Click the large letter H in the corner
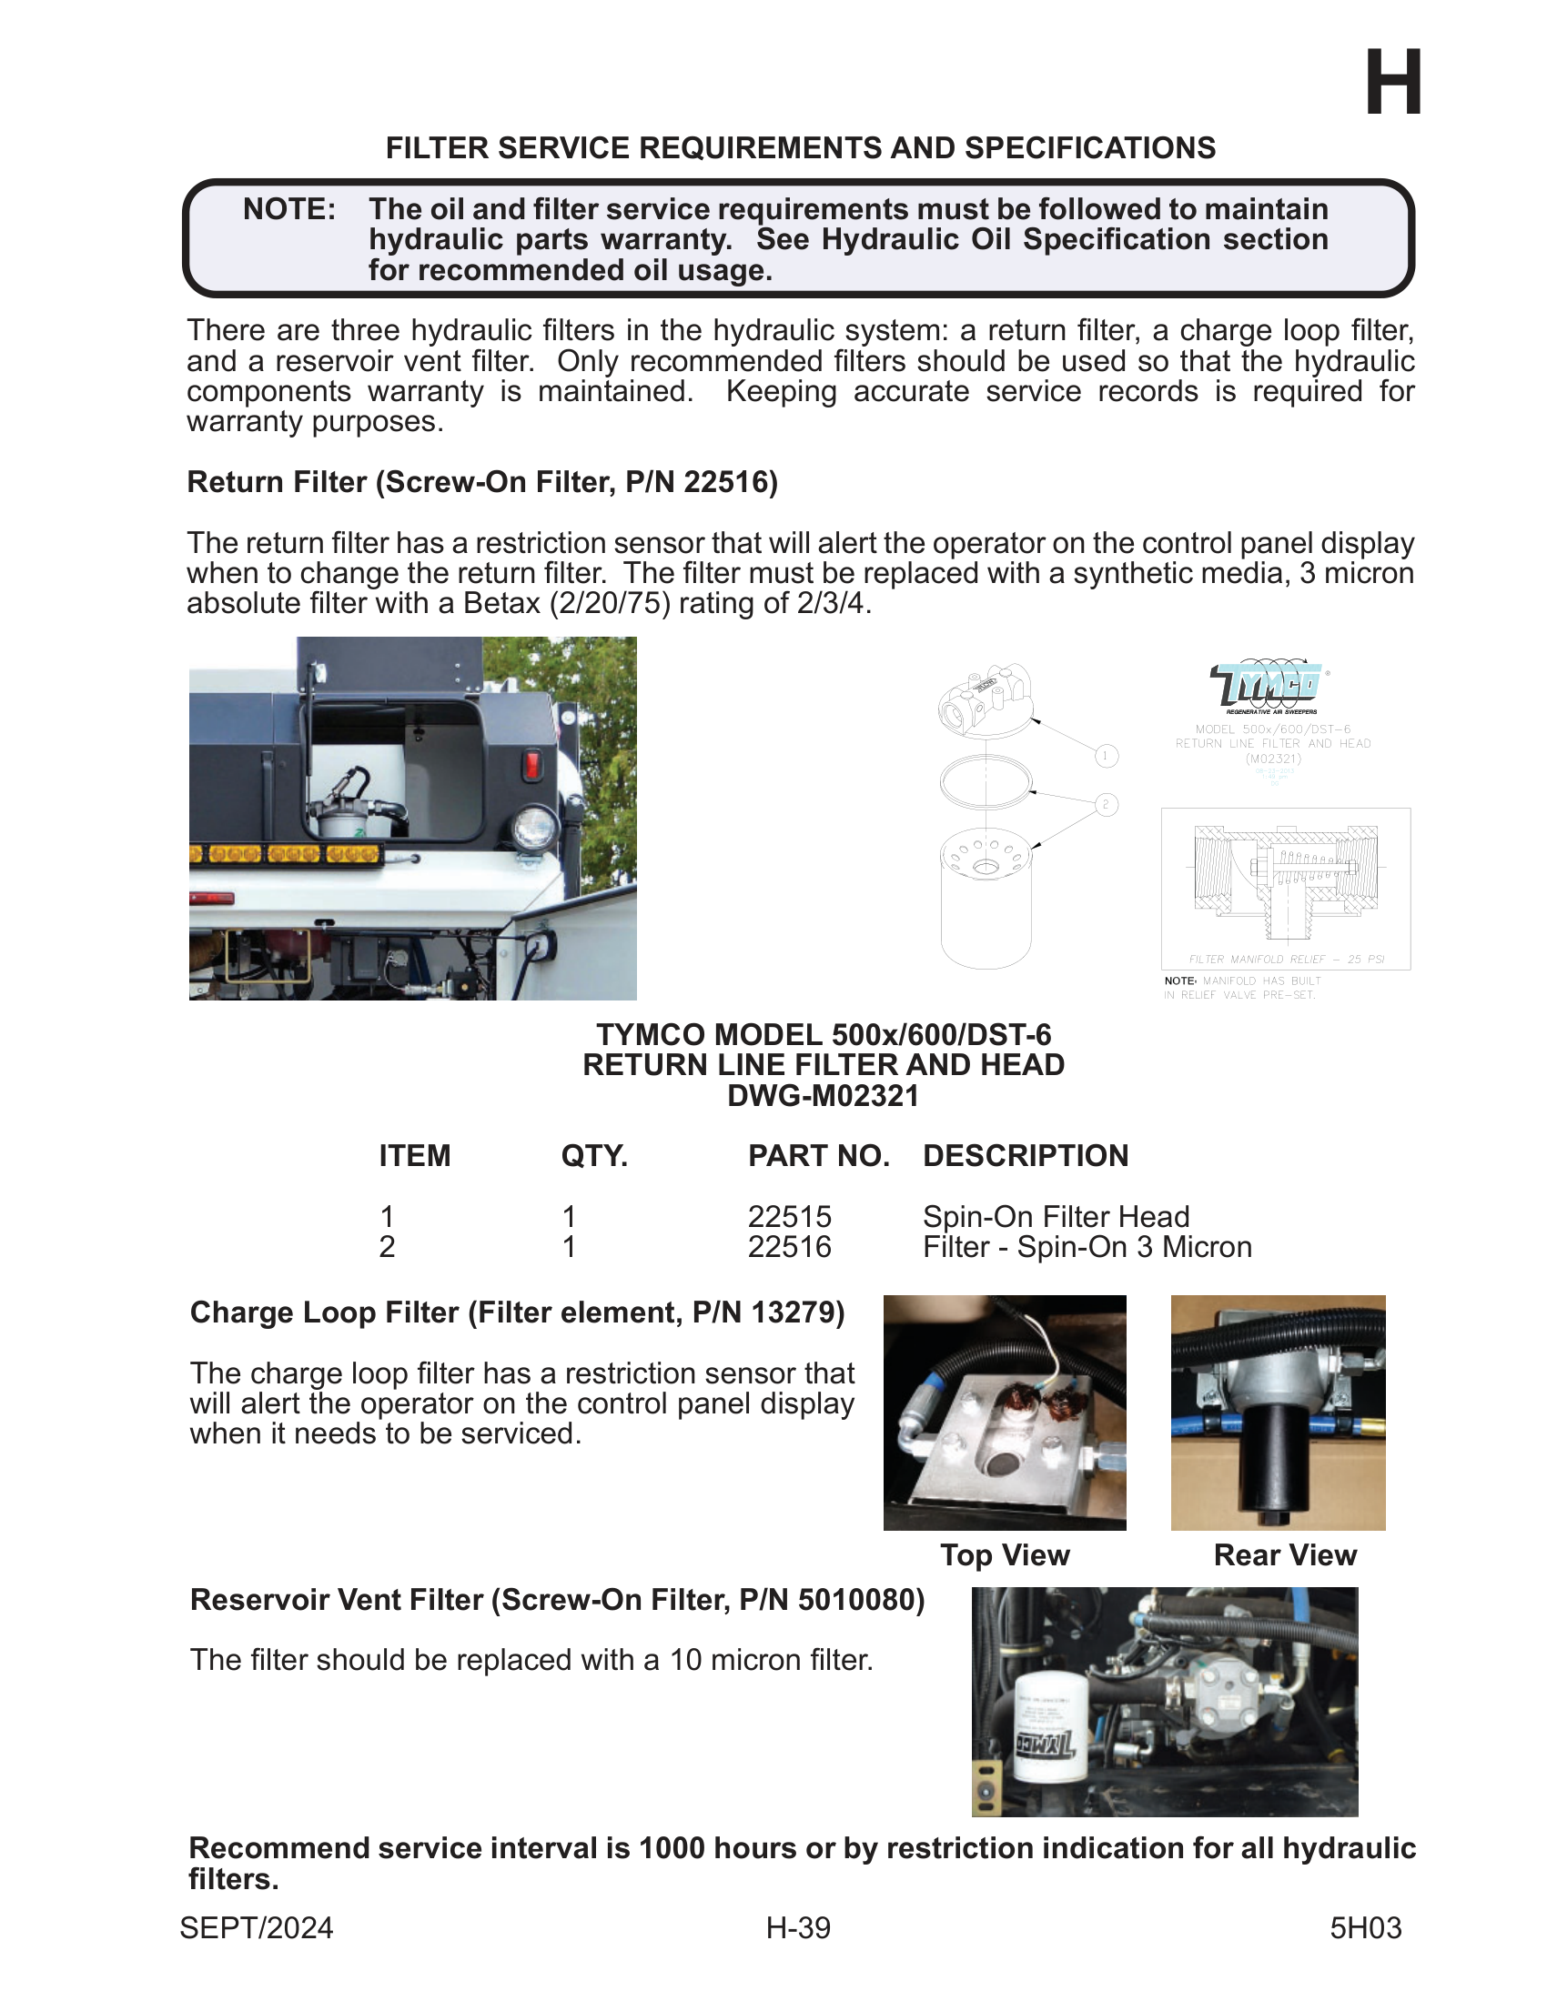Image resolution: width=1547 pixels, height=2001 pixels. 1392,84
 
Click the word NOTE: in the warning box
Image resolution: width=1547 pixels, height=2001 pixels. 288,210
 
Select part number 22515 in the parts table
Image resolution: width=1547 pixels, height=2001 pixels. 789,1217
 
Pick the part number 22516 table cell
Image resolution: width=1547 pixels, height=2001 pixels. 789,1247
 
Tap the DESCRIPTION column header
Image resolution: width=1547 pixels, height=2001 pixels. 1025,1156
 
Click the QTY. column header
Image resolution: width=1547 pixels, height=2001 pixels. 594,1156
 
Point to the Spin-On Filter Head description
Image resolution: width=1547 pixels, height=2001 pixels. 1055,1217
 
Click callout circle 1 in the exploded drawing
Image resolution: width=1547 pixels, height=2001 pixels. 1107,756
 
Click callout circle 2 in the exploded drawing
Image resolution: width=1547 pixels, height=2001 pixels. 1107,804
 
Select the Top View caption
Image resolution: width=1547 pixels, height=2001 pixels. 1005,1554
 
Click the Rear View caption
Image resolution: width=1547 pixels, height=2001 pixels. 1284,1554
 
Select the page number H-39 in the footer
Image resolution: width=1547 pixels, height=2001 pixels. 798,1927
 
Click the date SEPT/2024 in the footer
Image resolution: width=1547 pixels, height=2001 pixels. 257,1927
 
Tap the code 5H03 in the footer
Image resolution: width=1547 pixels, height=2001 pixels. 1365,1927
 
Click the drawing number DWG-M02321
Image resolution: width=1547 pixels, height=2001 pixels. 823,1096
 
